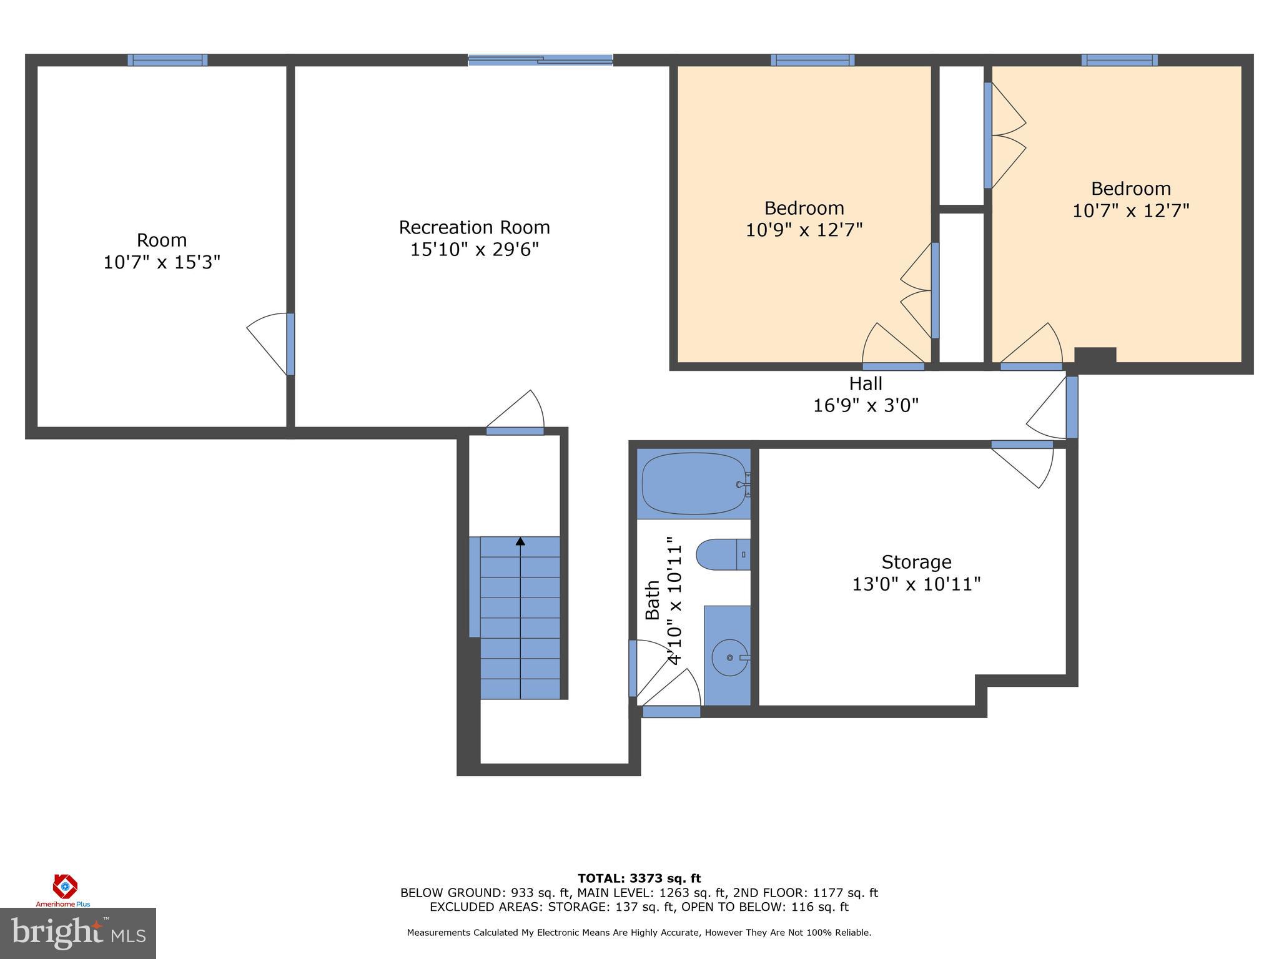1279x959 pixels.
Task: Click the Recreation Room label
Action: pos(474,227)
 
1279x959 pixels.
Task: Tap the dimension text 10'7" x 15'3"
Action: pos(162,262)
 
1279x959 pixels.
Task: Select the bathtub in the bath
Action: pos(694,483)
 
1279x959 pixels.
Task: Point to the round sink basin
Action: pos(729,657)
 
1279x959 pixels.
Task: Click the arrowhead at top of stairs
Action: pos(520,541)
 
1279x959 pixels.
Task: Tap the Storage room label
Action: pos(916,562)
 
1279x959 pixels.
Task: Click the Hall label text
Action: pos(866,383)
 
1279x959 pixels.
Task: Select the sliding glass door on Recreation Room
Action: pos(541,60)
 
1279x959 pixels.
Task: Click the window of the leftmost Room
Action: pos(167,60)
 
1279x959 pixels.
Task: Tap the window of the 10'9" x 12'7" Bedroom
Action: pos(812,60)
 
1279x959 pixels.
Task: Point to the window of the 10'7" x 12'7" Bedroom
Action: pos(1119,60)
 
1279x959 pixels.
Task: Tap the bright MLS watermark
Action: pos(77,933)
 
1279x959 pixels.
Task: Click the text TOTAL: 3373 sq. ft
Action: pos(639,878)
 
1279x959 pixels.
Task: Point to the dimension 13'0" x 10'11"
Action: pos(916,584)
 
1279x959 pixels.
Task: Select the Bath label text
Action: pos(652,600)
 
